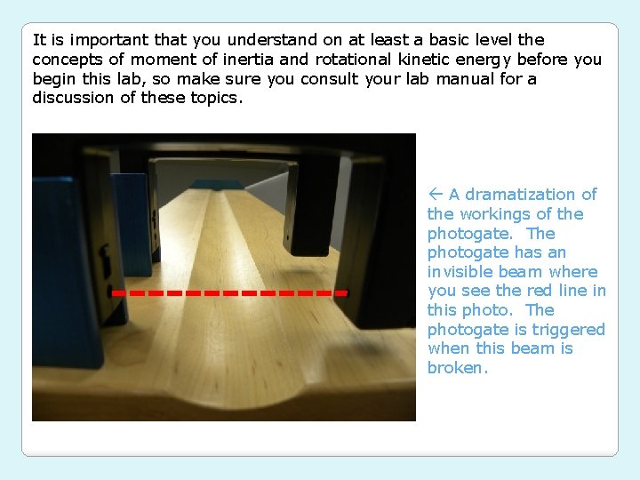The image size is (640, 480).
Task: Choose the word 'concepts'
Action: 64,60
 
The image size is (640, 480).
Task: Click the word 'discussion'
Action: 68,98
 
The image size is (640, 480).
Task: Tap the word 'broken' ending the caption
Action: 457,368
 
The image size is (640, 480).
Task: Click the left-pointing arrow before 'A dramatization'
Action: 435,195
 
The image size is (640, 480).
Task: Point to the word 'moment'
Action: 159,60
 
